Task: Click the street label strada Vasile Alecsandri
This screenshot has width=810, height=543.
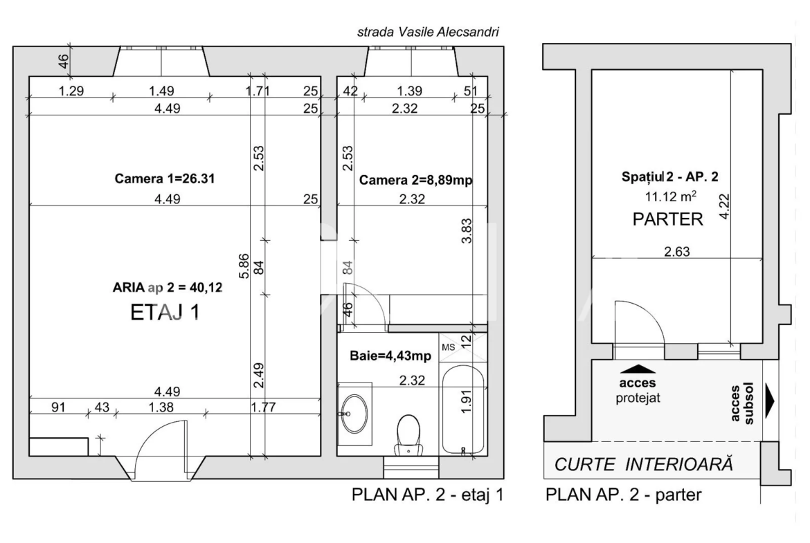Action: pos(429,32)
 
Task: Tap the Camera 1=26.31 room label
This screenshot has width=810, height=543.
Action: pos(164,178)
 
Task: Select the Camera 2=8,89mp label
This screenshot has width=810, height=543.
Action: pos(416,180)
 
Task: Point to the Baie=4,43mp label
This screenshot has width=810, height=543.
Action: pos(390,356)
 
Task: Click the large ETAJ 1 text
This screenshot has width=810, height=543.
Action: pos(165,313)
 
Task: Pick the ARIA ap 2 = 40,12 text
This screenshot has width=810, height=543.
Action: pos(168,288)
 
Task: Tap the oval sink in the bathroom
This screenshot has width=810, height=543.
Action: pos(354,414)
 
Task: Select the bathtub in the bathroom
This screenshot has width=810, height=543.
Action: pos(463,409)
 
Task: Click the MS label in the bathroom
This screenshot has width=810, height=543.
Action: pos(449,347)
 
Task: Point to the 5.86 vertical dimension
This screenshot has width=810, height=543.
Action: pos(244,266)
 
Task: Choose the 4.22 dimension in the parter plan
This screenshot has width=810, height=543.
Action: pos(723,206)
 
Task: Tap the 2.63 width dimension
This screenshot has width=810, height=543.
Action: pos(676,251)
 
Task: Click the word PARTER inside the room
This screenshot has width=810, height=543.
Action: pos(668,219)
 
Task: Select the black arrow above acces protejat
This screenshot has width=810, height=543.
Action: pos(638,369)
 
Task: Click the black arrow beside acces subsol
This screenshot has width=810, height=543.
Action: pos(770,401)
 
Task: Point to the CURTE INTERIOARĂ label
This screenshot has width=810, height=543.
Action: pos(644,464)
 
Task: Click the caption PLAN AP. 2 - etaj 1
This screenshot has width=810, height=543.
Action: pos(427,495)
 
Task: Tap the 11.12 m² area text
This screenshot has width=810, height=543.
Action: pos(670,196)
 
